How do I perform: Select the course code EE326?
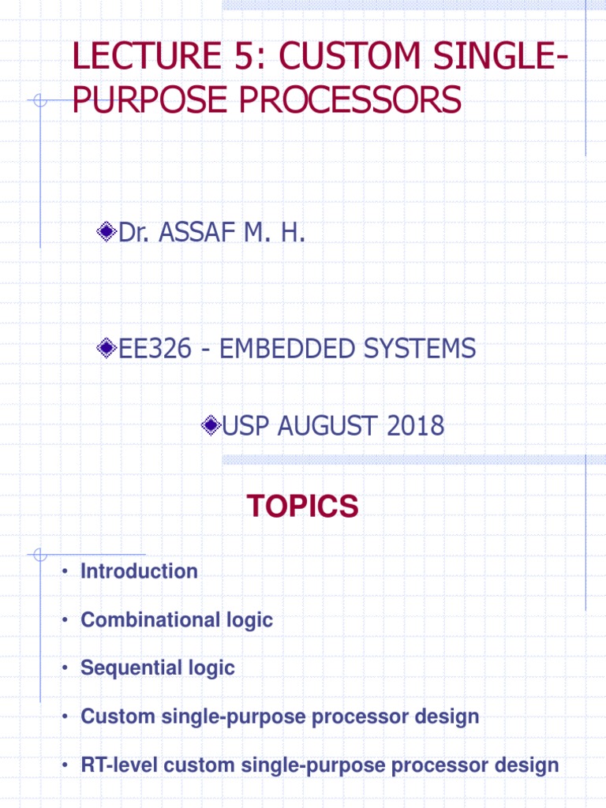point(155,348)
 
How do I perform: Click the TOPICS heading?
point(302,507)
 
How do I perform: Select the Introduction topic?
point(139,571)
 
